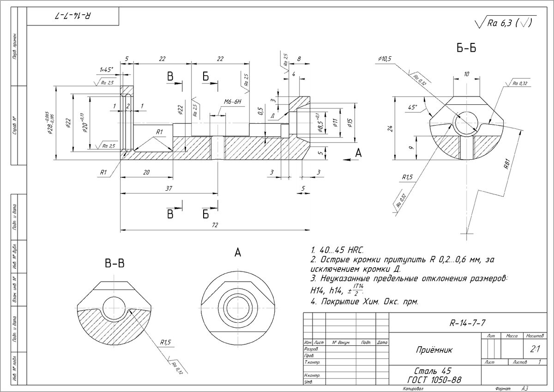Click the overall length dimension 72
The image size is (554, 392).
[215, 225]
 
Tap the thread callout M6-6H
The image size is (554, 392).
[233, 102]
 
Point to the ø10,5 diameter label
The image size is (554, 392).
[384, 59]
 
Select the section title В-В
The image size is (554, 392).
[114, 264]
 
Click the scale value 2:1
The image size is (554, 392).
[536, 350]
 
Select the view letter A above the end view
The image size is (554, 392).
[238, 253]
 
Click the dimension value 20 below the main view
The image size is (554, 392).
[146, 172]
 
